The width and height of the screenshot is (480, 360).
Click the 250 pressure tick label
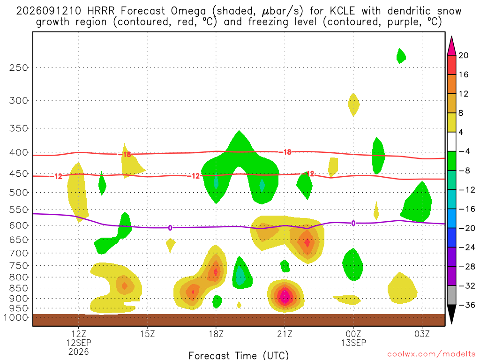click(18, 67)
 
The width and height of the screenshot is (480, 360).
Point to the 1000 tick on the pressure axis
click(16, 317)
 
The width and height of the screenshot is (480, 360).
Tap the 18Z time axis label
click(216, 334)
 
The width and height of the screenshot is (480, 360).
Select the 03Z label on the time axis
click(422, 334)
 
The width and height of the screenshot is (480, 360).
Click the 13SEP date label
click(353, 343)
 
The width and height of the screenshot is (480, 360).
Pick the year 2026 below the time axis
click(79, 352)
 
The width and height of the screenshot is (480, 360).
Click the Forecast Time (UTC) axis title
click(239, 355)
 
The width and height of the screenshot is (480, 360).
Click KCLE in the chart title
click(342, 11)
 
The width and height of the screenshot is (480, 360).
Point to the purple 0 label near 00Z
click(353, 223)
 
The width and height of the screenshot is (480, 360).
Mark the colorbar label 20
click(464, 55)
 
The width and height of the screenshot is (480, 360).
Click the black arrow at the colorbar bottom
click(451, 314)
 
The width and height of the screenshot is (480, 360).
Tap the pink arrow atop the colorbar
click(451, 46)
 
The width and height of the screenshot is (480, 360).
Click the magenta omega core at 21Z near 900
click(285, 296)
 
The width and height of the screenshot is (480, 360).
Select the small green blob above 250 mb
click(401, 56)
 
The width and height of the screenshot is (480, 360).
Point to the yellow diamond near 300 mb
click(353, 105)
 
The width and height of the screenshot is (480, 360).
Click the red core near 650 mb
click(307, 242)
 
